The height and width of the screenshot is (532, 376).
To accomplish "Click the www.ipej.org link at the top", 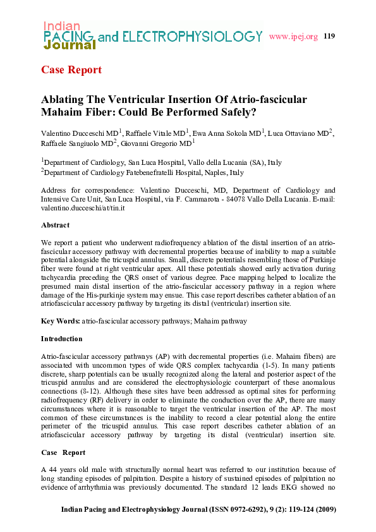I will tap(293, 37).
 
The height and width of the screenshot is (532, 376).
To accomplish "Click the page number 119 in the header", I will tap(329, 36).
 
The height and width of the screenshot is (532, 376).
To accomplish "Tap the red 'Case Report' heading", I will tap(71, 70).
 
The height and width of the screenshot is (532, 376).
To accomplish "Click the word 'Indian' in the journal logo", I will tap(61, 26).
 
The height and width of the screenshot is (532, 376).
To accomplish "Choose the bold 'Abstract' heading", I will tap(56, 225).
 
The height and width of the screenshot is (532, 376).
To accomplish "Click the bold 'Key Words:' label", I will tap(61, 321).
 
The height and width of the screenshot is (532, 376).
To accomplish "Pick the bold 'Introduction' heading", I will tap(61, 339).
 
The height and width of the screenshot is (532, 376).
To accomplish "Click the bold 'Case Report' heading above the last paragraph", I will tap(63, 453).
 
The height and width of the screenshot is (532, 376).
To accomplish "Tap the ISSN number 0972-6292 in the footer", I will tap(217, 509).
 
